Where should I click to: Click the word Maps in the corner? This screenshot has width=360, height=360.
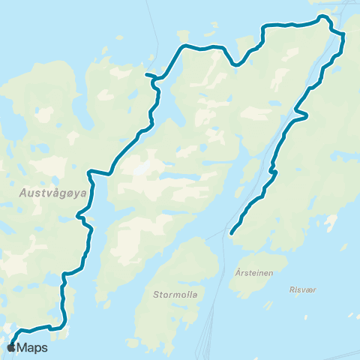(32, 347)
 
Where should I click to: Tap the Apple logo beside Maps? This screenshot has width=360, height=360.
(12, 347)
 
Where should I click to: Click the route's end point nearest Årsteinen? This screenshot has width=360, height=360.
(231, 233)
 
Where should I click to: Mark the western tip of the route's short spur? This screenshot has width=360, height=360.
(145, 74)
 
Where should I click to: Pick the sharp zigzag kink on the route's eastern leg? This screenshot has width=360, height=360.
(303, 115)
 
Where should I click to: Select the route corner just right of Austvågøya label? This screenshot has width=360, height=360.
(88, 172)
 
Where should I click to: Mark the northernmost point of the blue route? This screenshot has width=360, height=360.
(322, 16)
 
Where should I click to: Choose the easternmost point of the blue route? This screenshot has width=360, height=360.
(343, 36)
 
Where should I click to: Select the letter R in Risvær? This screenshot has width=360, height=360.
(291, 288)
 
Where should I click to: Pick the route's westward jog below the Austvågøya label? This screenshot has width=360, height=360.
(80, 218)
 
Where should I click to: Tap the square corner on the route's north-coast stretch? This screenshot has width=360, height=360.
(262, 28)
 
